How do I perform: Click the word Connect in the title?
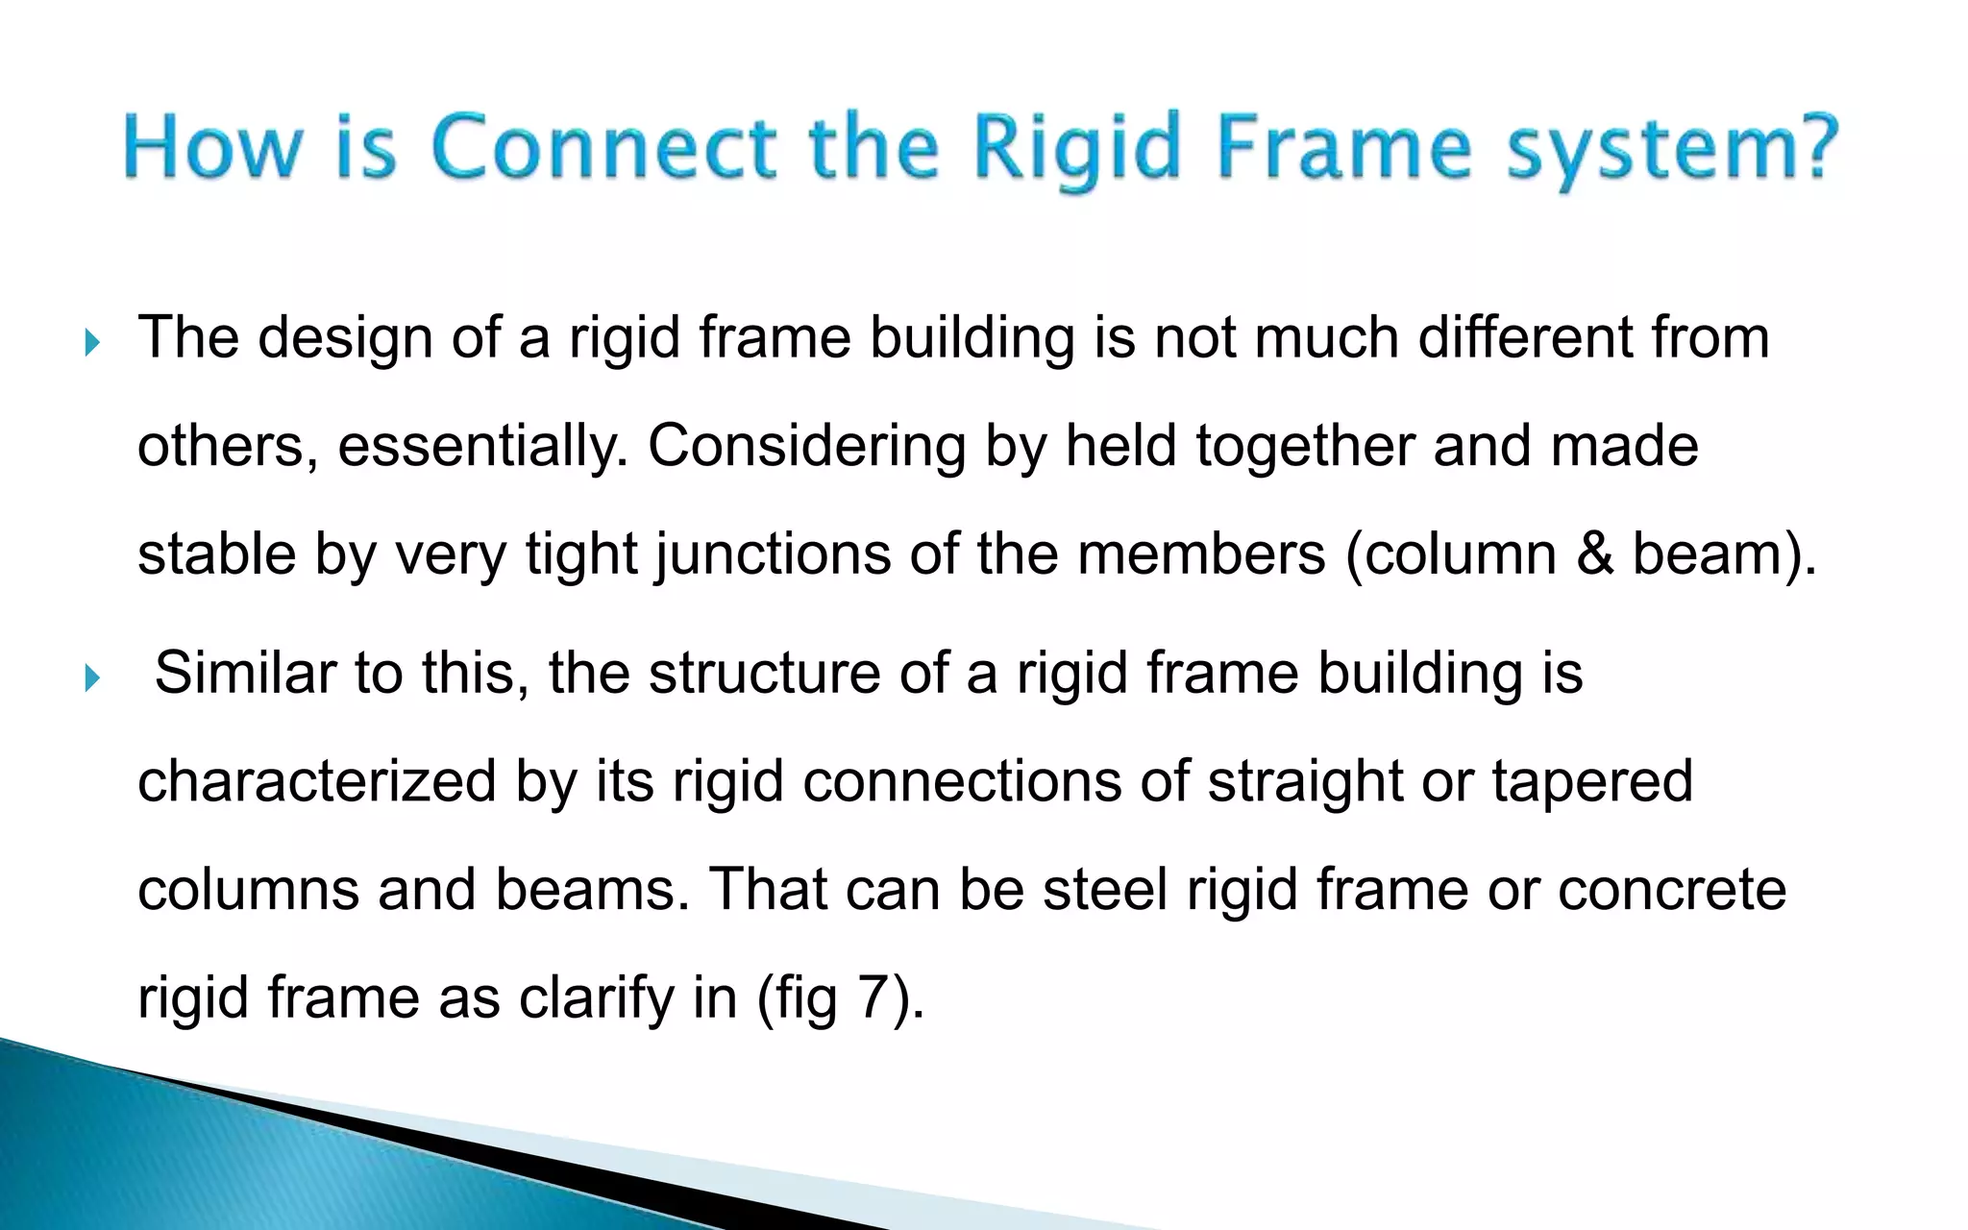pyautogui.click(x=601, y=150)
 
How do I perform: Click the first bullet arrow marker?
pyautogui.click(x=91, y=343)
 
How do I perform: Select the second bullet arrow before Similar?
pyautogui.click(x=91, y=678)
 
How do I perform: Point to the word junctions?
pyautogui.click(x=774, y=554)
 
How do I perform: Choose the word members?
pyautogui.click(x=1201, y=554)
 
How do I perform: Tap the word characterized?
pyautogui.click(x=317, y=780)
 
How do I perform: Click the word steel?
pyautogui.click(x=1105, y=889)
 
